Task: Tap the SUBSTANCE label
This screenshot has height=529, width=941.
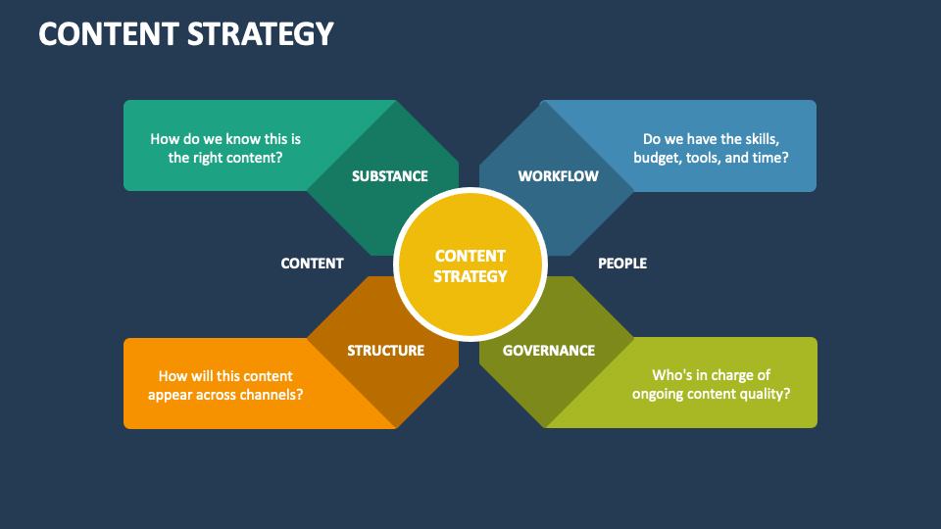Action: pyautogui.click(x=390, y=176)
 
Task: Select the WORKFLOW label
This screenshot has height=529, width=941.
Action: pyautogui.click(x=558, y=176)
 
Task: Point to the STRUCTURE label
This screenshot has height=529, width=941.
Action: pyautogui.click(x=385, y=351)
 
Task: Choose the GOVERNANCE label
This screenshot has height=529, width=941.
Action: pyautogui.click(x=549, y=351)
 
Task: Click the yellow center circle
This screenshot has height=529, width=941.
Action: pyautogui.click(x=470, y=265)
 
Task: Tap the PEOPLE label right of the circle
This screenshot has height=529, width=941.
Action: pyautogui.click(x=622, y=264)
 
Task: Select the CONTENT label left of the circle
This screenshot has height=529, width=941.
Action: pyautogui.click(x=312, y=264)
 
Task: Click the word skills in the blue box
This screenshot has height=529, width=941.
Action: pyautogui.click(x=757, y=139)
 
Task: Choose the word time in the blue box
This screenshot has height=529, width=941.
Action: pyautogui.click(x=770, y=157)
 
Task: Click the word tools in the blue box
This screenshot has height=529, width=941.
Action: pyautogui.click(x=707, y=157)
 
